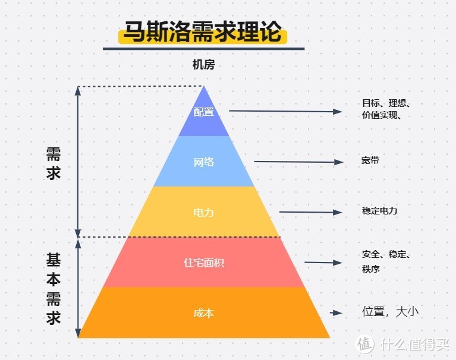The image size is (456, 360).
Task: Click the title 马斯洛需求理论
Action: click(x=203, y=32)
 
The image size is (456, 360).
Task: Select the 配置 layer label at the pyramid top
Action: click(x=203, y=111)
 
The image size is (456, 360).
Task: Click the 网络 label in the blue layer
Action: click(x=203, y=162)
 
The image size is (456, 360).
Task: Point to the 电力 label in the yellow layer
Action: click(x=203, y=212)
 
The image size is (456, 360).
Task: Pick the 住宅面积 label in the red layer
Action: click(x=203, y=263)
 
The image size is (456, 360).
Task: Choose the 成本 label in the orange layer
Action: click(x=203, y=313)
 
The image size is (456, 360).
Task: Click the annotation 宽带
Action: click(x=370, y=161)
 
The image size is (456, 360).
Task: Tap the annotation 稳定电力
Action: click(x=379, y=211)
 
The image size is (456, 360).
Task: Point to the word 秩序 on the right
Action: click(x=370, y=269)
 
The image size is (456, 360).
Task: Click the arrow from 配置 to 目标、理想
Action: click(x=285, y=111)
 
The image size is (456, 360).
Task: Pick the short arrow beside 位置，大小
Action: click(x=336, y=312)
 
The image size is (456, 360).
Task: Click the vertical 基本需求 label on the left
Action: click(x=54, y=288)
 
